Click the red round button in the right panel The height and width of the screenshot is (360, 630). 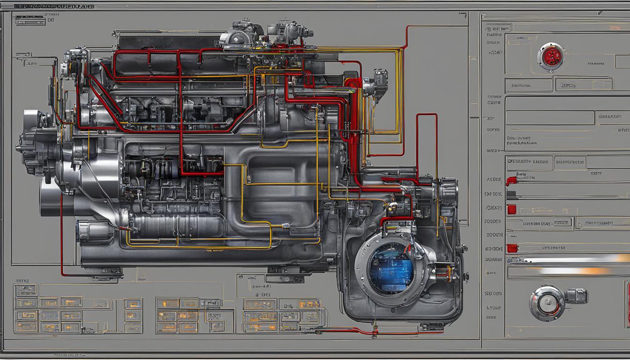[551, 57]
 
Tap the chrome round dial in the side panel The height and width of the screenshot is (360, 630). [547, 303]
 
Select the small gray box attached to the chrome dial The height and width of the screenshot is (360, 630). [577, 296]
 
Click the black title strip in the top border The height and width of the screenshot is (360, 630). [53, 7]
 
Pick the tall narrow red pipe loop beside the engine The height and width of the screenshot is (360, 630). [427, 141]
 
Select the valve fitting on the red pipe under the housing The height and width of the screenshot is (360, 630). [375, 332]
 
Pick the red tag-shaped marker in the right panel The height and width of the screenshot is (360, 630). [511, 180]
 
